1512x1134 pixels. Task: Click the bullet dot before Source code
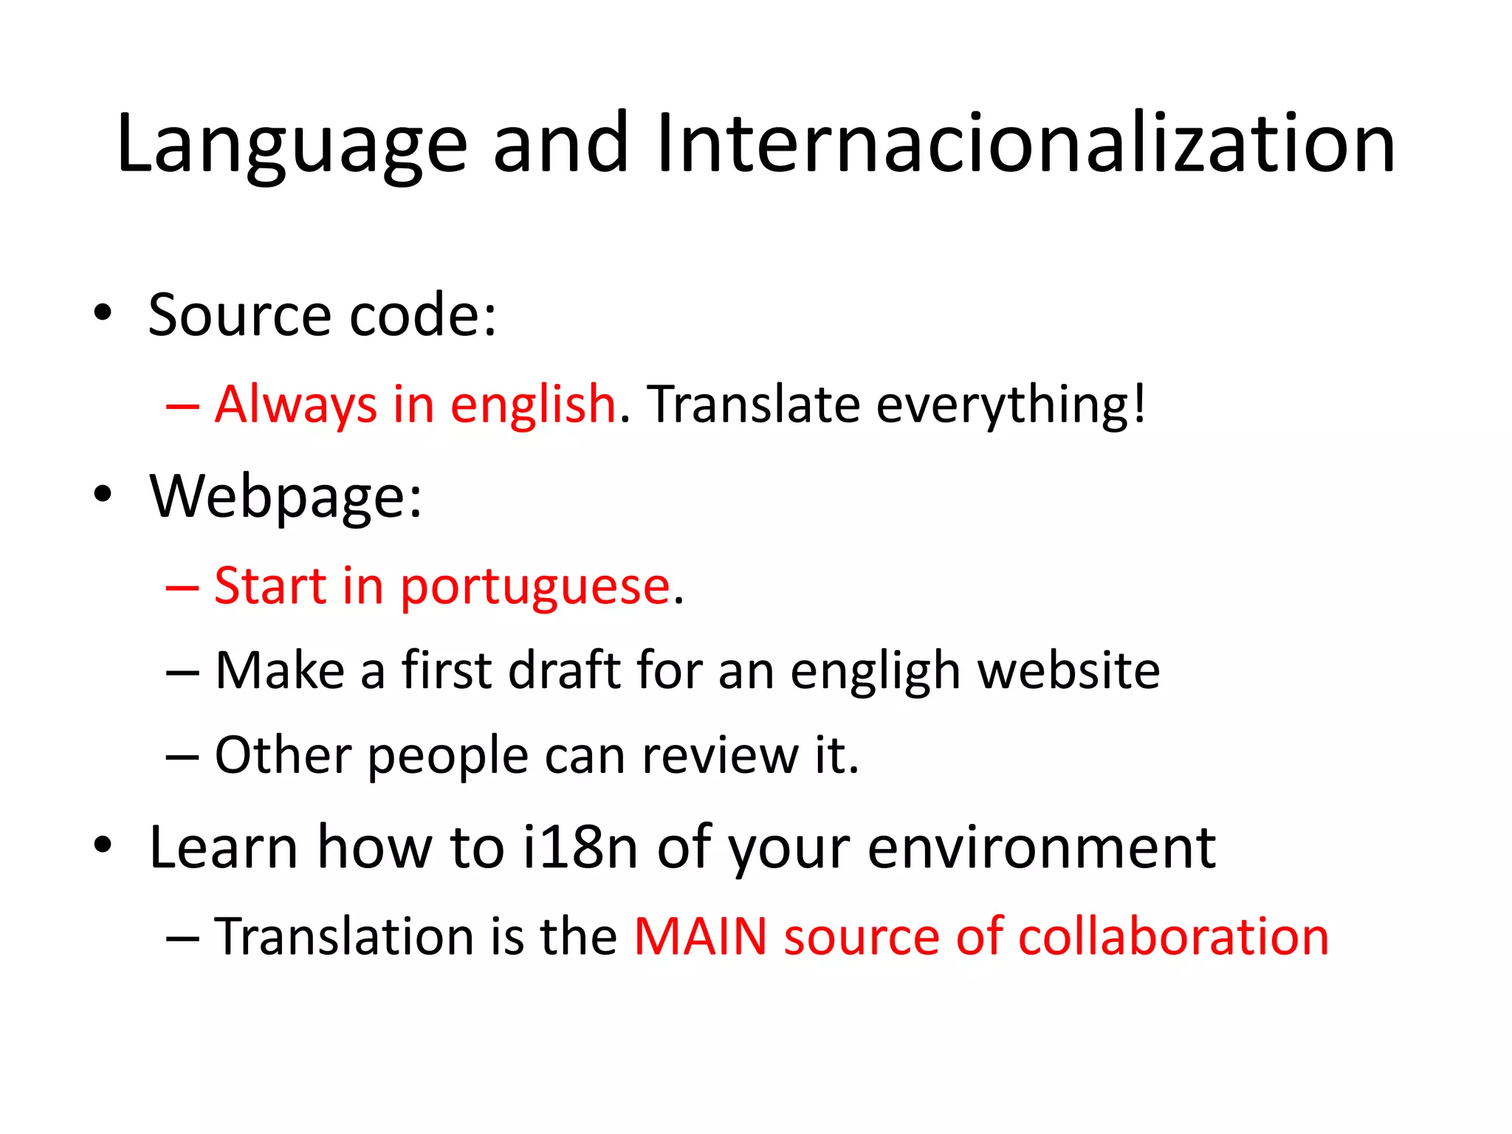(x=103, y=312)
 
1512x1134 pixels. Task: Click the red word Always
(x=296, y=405)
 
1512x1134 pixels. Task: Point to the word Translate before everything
(x=754, y=405)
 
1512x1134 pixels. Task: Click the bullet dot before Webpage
(x=103, y=494)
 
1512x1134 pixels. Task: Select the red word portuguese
(x=535, y=588)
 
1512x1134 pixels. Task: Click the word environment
(x=1041, y=847)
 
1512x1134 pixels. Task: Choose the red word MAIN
(x=700, y=937)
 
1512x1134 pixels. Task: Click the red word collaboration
(x=1173, y=937)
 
